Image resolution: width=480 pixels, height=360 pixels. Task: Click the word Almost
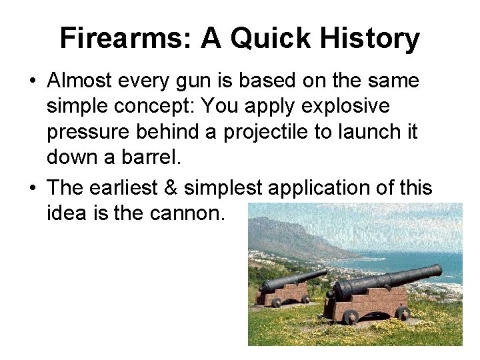coord(81,81)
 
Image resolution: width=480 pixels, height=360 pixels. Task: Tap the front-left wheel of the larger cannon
coord(351,317)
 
